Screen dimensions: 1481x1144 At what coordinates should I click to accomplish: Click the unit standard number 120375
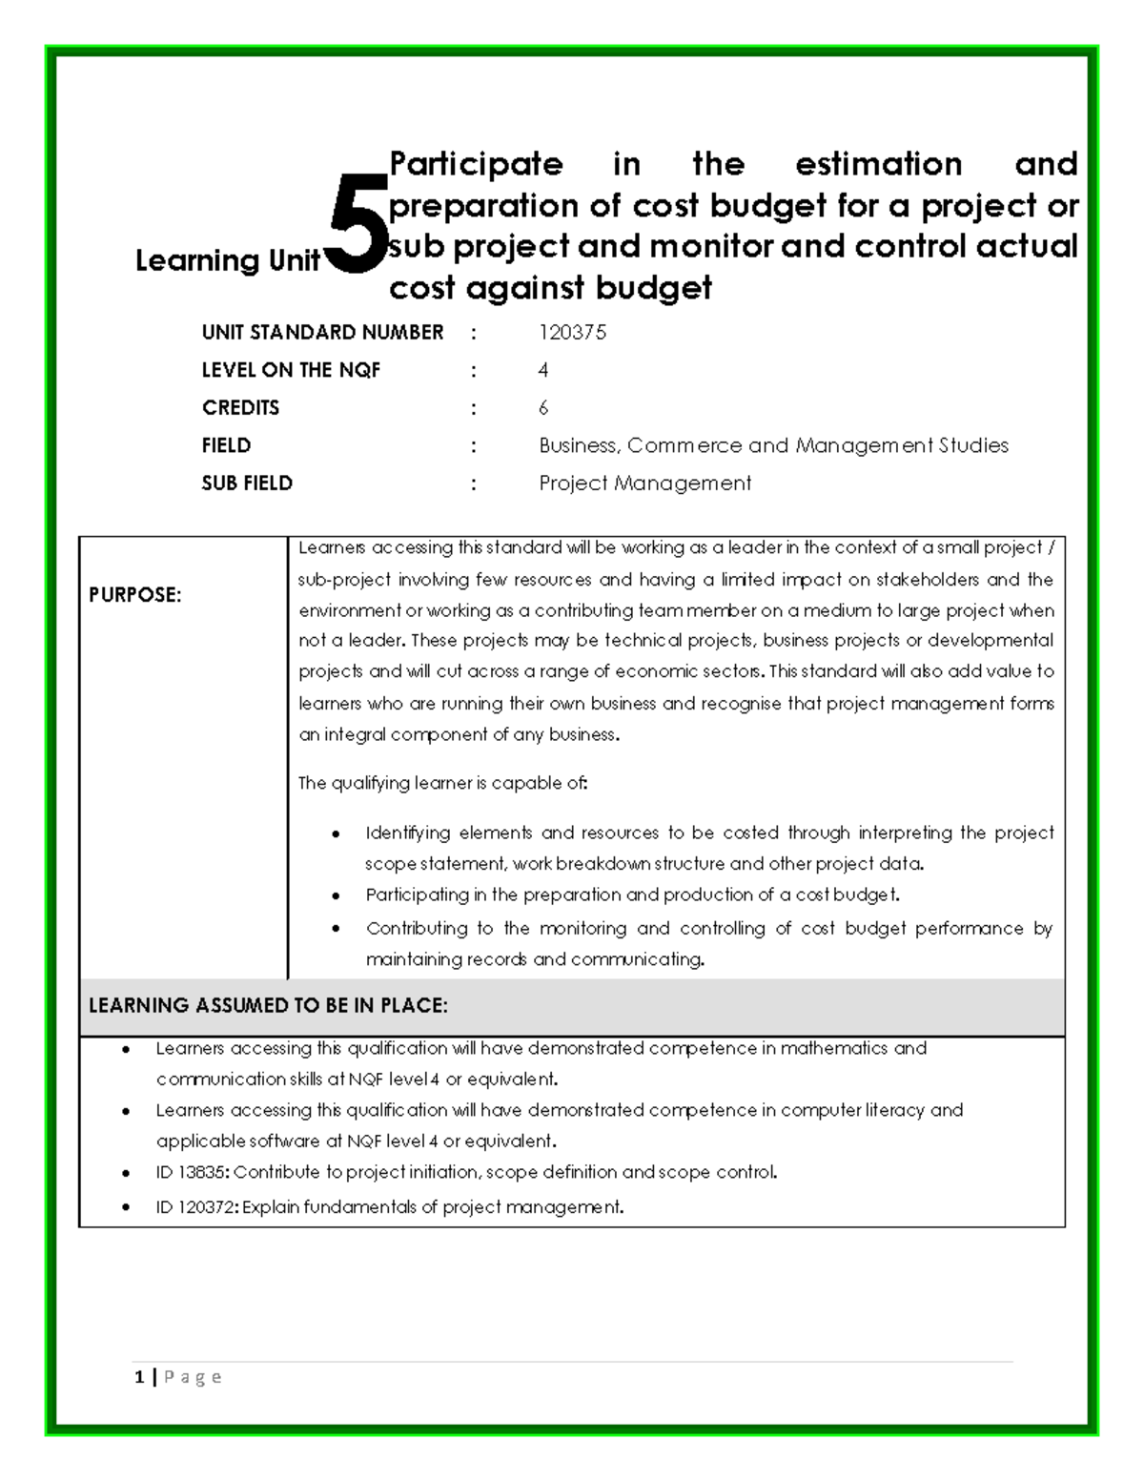[572, 333]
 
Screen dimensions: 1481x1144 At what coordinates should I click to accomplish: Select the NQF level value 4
[543, 370]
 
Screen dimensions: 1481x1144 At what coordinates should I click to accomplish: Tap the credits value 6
[543, 408]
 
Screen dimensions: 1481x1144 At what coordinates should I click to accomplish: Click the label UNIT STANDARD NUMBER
[322, 333]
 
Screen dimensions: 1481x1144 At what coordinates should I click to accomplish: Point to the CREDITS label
[240, 408]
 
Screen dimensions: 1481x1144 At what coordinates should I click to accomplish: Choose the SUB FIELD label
[247, 483]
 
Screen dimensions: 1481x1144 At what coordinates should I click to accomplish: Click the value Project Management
[644, 483]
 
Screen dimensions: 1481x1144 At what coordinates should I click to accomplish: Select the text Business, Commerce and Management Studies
[773, 445]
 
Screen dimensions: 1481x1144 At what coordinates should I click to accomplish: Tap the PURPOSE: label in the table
[134, 595]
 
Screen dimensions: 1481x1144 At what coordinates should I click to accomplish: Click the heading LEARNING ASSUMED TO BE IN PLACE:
[268, 1006]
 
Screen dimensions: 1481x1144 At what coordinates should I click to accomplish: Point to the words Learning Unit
[227, 260]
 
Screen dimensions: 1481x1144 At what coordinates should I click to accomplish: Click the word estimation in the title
[878, 164]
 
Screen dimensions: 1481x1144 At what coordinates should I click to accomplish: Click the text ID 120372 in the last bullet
[195, 1207]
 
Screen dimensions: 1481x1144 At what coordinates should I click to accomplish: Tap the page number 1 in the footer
[140, 1377]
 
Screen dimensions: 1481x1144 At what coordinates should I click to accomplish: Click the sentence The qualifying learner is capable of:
[443, 784]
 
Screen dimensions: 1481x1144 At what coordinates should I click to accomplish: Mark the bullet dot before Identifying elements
[336, 834]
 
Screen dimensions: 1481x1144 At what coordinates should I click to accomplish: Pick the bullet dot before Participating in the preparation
[336, 896]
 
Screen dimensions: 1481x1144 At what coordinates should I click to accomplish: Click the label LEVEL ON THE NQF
[291, 370]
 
